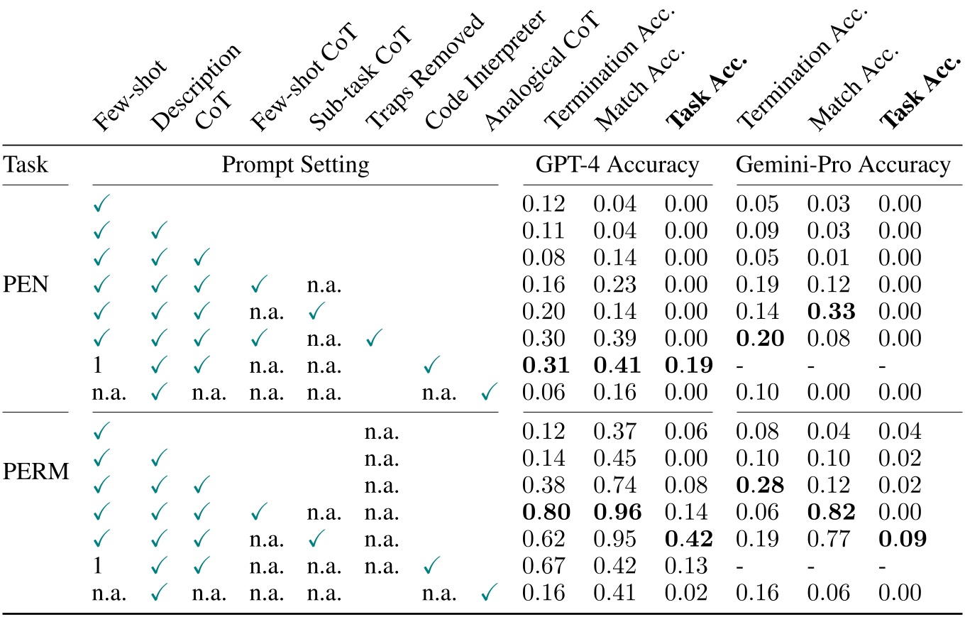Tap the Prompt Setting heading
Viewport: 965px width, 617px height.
coord(295,165)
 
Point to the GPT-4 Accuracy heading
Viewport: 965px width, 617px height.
coord(617,165)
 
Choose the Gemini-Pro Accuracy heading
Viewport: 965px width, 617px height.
coord(843,165)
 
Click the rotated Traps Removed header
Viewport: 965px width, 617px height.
coord(423,71)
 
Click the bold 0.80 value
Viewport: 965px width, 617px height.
coord(544,513)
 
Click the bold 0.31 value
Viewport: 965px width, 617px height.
coord(544,366)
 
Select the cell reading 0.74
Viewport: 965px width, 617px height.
coord(615,486)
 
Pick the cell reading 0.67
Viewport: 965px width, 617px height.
coord(544,566)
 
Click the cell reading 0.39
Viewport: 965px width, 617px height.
coord(615,339)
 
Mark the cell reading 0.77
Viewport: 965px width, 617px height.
coord(829,540)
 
